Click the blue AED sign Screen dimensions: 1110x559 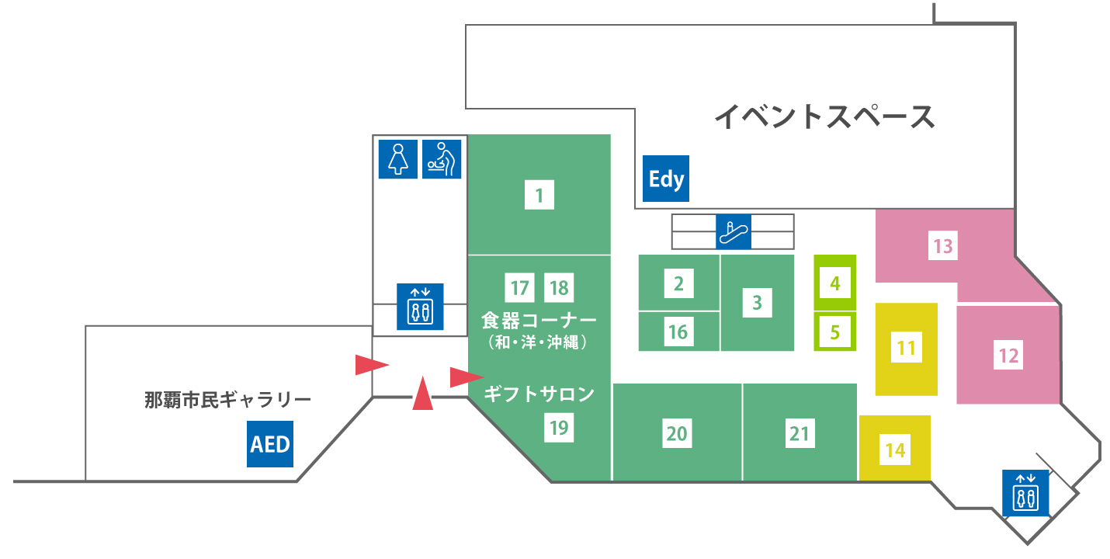click(x=270, y=444)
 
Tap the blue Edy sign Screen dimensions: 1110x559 click(x=666, y=179)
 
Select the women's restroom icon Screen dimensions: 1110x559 click(x=398, y=159)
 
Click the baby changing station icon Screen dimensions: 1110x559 click(x=442, y=159)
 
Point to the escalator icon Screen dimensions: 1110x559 click(x=734, y=232)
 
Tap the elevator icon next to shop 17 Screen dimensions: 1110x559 click(x=420, y=307)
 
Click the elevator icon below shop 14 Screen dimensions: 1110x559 click(x=1025, y=493)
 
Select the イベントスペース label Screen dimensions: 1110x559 click(x=824, y=117)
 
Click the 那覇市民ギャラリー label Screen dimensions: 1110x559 click(x=228, y=399)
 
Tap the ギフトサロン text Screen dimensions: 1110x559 click(x=539, y=394)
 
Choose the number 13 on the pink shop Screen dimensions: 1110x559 click(x=943, y=246)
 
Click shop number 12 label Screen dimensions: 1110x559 click(x=1008, y=356)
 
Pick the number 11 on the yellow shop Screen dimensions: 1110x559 click(x=907, y=348)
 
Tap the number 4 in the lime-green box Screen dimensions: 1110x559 click(x=835, y=283)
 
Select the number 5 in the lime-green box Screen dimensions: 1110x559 click(x=835, y=332)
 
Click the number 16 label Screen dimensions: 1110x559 click(x=678, y=332)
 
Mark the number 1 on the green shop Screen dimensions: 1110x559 click(x=539, y=195)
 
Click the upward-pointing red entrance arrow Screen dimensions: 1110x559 click(x=423, y=394)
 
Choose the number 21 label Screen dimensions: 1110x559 click(x=800, y=434)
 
